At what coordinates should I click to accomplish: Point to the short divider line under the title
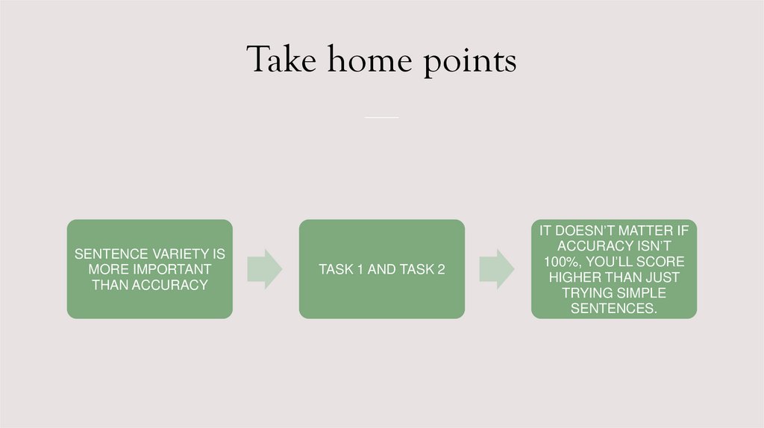coord(382,117)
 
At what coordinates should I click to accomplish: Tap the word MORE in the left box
coord(110,269)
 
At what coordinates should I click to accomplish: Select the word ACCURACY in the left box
coord(171,284)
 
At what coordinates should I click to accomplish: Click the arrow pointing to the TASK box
coord(265,269)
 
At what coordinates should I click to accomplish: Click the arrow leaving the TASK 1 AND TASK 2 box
coord(497,269)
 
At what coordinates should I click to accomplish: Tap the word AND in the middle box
coord(382,269)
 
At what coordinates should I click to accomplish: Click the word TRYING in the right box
coord(587,292)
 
